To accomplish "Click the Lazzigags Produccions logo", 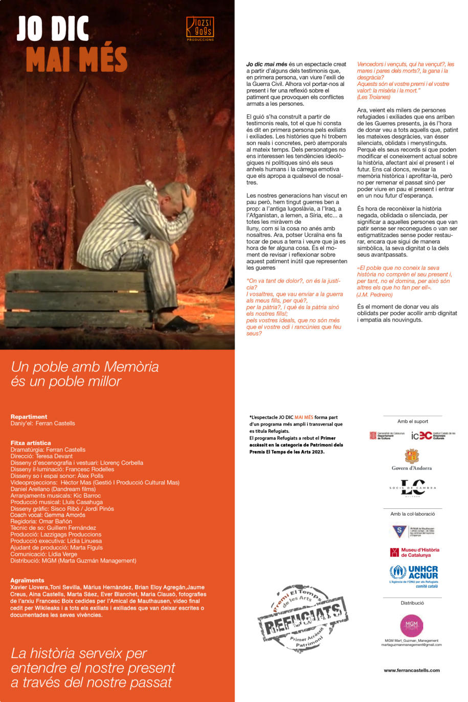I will coord(200,28).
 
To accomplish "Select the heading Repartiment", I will coord(29,417).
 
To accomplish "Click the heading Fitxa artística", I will coord(31,443).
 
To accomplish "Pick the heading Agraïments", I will coord(27,580).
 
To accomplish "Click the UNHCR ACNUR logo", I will coord(414,575).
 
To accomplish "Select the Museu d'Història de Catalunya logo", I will coord(415,552).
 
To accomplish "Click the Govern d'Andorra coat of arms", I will coord(412,456).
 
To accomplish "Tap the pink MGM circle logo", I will coord(412,625).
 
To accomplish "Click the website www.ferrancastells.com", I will coord(412,670).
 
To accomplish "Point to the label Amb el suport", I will coord(413,422).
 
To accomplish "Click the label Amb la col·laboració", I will coord(412,514).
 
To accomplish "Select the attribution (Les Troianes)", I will coord(373,97).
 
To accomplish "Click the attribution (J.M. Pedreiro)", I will coord(375,294).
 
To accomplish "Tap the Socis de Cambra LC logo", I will coord(412,488).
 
